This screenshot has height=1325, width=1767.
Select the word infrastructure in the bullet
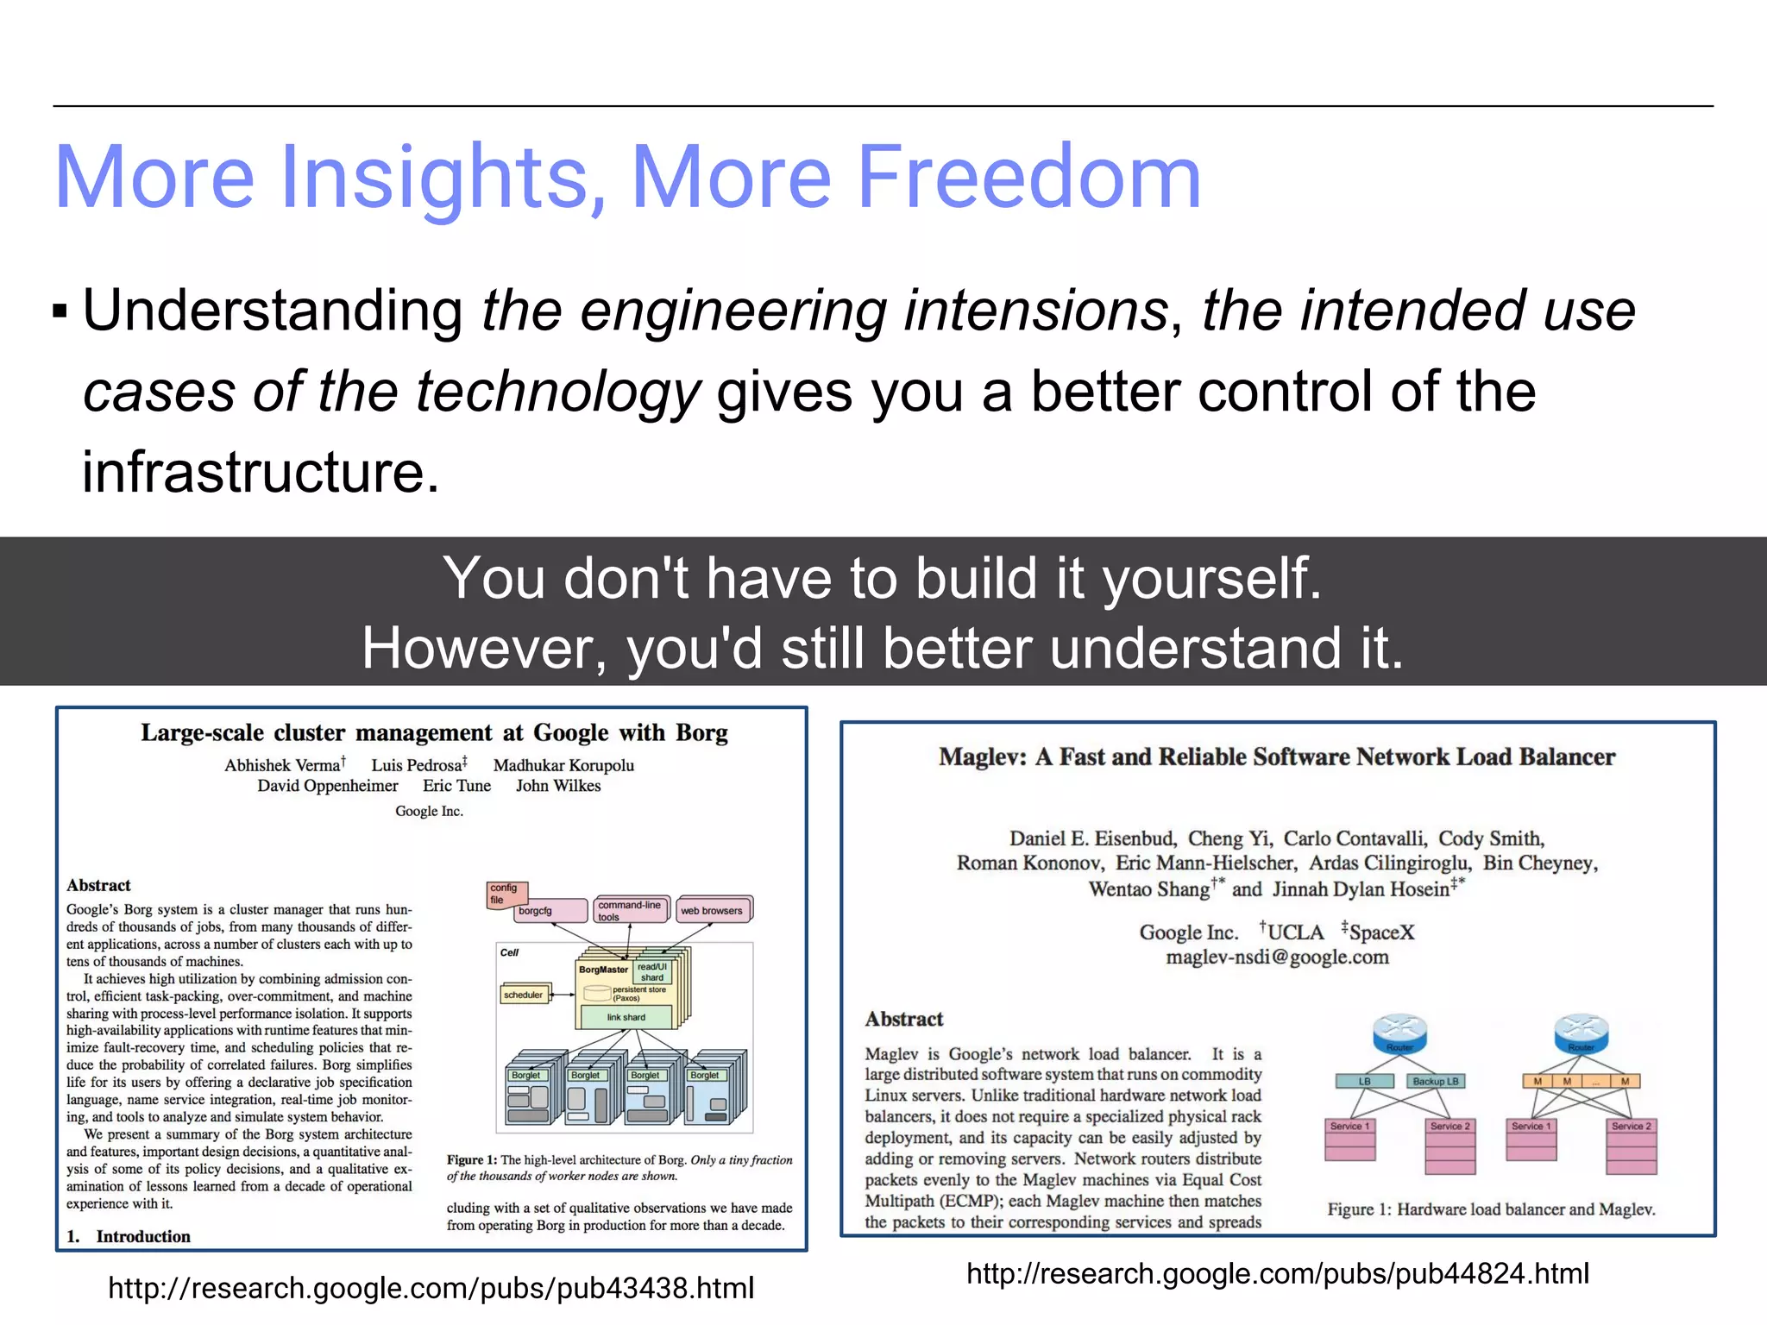(x=261, y=473)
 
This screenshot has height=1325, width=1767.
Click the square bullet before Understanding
(x=60, y=311)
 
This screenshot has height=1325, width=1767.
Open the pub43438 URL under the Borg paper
(x=431, y=1288)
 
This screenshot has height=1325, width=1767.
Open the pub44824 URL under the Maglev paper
(x=1277, y=1273)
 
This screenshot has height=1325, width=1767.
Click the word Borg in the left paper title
(x=701, y=733)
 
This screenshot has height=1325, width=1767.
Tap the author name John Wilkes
(x=558, y=786)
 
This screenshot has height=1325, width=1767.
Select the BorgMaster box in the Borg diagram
(x=604, y=970)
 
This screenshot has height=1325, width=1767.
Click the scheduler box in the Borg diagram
(x=523, y=995)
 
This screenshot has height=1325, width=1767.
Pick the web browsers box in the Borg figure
(x=712, y=910)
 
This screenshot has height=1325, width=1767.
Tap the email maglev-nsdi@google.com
(x=1277, y=957)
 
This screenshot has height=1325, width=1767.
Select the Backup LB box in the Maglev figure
(x=1436, y=1081)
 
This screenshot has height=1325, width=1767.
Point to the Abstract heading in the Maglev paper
(x=903, y=1019)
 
